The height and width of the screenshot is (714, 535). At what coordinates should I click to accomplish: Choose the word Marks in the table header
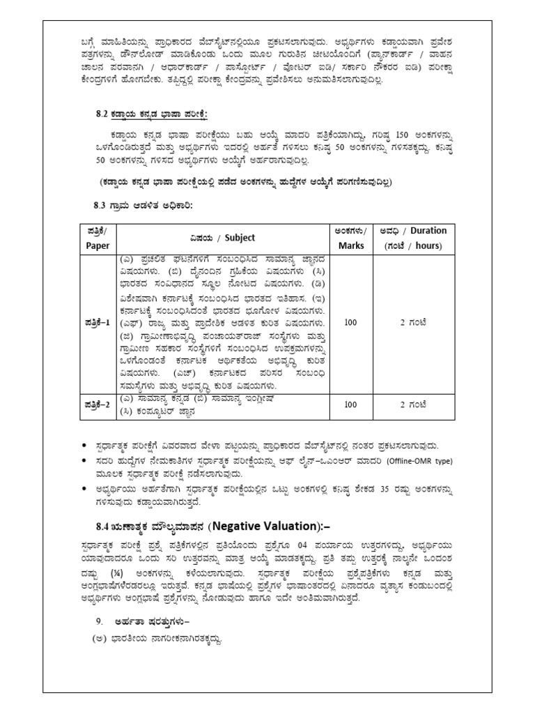point(351,245)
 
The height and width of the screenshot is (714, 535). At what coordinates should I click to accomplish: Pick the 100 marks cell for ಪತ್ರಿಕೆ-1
point(351,323)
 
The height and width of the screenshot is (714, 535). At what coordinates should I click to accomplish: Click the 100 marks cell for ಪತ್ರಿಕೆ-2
point(351,404)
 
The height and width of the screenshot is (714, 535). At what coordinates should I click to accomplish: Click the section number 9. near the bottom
point(100,621)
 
